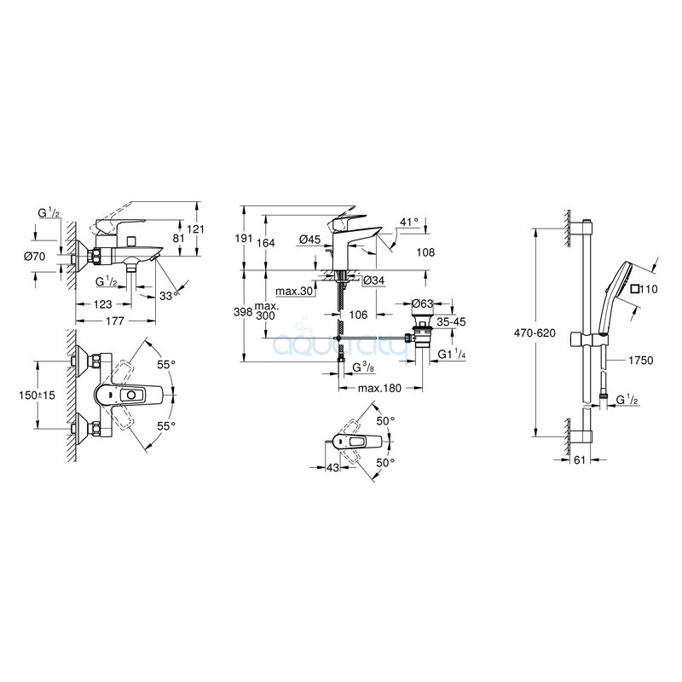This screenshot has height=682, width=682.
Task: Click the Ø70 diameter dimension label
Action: coord(34,257)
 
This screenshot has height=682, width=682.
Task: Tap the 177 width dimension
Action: coord(115,321)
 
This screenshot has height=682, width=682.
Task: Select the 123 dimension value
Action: coord(102,304)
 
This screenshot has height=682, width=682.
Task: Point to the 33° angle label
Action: coord(169,296)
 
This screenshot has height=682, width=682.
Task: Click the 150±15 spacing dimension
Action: coord(37,396)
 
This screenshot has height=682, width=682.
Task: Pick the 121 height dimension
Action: coord(196,228)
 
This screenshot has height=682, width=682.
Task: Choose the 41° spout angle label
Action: coord(409,222)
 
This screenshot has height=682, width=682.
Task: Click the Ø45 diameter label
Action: coord(310,239)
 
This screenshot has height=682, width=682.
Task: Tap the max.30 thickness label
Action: coord(295,291)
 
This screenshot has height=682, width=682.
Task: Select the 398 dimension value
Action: coord(243,312)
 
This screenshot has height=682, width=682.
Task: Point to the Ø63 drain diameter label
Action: coord(423,303)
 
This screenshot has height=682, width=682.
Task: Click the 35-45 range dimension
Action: coord(451,322)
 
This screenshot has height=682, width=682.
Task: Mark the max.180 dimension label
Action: coord(379,388)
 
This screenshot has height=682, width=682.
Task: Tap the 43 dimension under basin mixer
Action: coord(332,467)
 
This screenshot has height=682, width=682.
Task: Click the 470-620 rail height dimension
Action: coord(535,333)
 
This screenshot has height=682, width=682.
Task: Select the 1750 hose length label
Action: coord(641,360)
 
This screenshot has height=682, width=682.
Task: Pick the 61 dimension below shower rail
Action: coord(580,459)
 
